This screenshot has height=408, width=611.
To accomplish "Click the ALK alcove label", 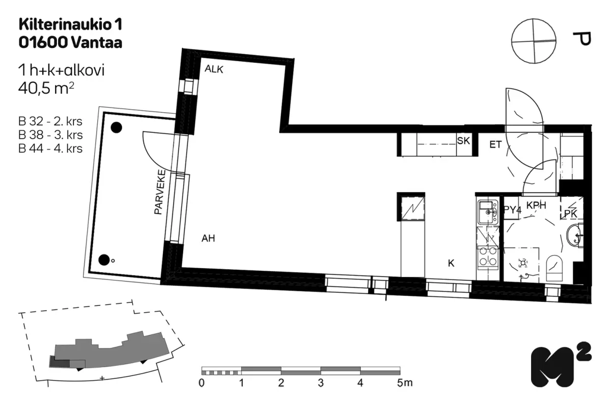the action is coord(214,69).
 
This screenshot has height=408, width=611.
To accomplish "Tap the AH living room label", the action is coord(208,238).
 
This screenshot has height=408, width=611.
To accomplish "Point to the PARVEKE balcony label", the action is coord(160,192).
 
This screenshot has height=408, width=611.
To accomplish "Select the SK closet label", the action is coord(463,141).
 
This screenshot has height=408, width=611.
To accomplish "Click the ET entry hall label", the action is coord(495,144).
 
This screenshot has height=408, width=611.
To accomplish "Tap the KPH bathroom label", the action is coord(536,205).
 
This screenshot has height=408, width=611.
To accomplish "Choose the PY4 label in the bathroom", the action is coord(512,210).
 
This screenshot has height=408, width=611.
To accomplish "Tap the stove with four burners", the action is coord(488,257).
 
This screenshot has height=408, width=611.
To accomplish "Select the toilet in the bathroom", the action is coord(554,268).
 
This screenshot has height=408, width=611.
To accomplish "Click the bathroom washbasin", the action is coord(575,235).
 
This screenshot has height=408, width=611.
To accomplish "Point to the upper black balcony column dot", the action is coord(116,127).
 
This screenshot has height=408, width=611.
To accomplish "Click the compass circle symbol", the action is coord(534,41).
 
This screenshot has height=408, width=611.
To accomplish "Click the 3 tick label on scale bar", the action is coord(321,383).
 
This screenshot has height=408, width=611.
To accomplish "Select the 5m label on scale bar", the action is coord(405,383).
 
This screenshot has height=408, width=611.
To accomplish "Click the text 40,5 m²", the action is coord(46,88).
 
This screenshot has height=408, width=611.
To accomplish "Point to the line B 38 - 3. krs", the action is coord(50,135).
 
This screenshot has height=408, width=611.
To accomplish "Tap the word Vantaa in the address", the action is coord(97,43).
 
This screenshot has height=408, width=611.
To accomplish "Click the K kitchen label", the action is coord(451,263).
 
